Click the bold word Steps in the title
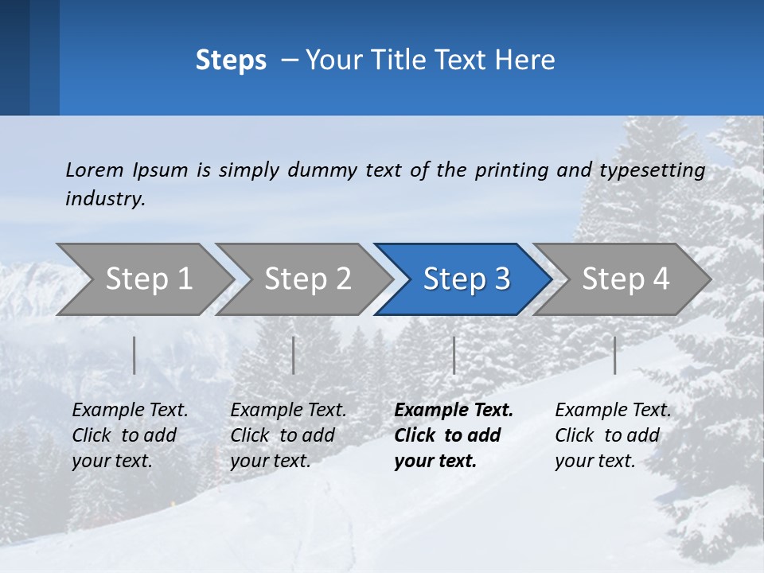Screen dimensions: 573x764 pyautogui.click(x=231, y=60)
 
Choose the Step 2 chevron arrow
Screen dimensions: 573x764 pyautogui.click(x=307, y=279)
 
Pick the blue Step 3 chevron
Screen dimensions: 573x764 pyautogui.click(x=466, y=279)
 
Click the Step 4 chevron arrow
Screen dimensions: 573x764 pyautogui.click(x=626, y=279)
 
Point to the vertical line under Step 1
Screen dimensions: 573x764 pyautogui.click(x=134, y=355)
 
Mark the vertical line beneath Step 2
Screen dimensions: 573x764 pyautogui.click(x=294, y=355)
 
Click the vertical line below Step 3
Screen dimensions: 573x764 pyautogui.click(x=454, y=355)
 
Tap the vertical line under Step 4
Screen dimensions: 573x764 pyautogui.click(x=614, y=355)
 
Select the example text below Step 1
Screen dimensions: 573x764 pyautogui.click(x=130, y=435)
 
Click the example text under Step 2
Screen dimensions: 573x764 pyautogui.click(x=288, y=435)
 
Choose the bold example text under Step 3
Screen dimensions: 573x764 pyautogui.click(x=453, y=435)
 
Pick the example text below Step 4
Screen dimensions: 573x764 pyautogui.click(x=613, y=435)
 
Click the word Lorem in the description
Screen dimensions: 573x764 pyautogui.click(x=95, y=170)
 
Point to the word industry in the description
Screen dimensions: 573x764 pyautogui.click(x=105, y=199)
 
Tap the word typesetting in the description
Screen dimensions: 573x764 pyautogui.click(x=652, y=170)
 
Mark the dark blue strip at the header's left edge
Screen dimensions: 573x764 pyautogui.click(x=14, y=57)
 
